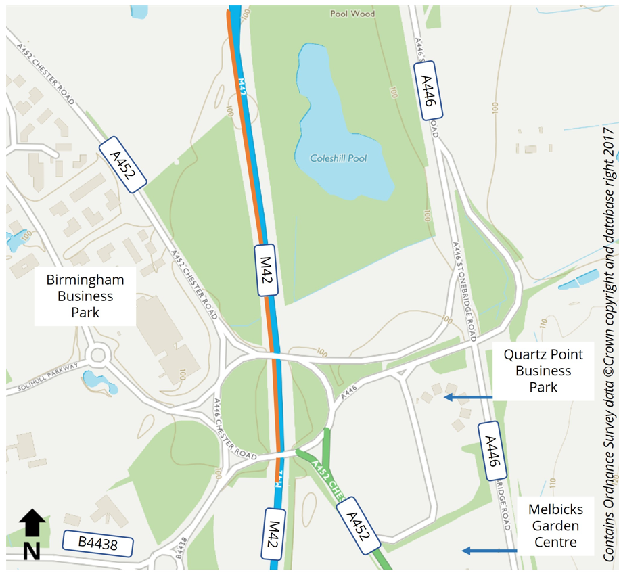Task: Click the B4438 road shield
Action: click(x=98, y=543)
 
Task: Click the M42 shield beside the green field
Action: click(x=267, y=270)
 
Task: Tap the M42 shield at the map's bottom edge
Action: click(x=274, y=534)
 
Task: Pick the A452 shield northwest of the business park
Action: click(x=122, y=164)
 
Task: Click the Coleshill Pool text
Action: click(x=338, y=158)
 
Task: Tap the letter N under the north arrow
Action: click(x=31, y=551)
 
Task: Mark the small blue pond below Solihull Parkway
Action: click(x=99, y=382)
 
